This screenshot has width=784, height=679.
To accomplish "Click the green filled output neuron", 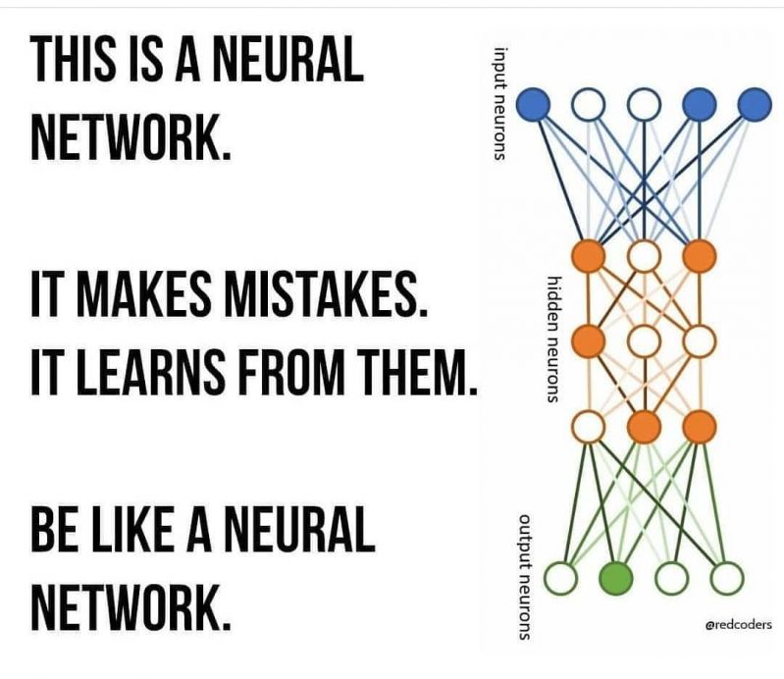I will point(615,578).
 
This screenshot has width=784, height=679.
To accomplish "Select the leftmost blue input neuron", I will point(533,105).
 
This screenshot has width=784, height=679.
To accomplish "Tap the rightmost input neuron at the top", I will point(755,105).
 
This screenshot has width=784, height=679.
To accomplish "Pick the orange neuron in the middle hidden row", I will point(589,341).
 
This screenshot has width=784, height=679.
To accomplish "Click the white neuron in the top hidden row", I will point(644,257).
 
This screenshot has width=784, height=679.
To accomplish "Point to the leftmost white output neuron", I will point(560,578).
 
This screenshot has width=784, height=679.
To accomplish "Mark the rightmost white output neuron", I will point(727,578).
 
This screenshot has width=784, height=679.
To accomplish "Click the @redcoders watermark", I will point(738,624).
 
